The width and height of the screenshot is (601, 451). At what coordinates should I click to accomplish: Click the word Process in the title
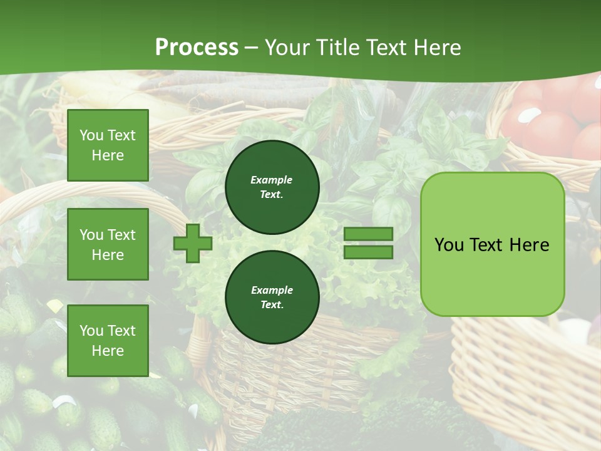pyautogui.click(x=197, y=48)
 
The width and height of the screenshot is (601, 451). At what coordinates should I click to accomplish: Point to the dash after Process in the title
pyautogui.click(x=252, y=48)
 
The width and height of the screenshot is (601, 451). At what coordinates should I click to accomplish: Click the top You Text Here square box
pyautogui.click(x=108, y=145)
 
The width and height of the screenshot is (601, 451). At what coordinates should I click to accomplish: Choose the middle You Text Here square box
pyautogui.click(x=108, y=244)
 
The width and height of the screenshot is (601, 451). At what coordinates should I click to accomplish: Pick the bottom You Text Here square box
pyautogui.click(x=108, y=340)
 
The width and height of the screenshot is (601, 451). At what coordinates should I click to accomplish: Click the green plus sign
pyautogui.click(x=193, y=244)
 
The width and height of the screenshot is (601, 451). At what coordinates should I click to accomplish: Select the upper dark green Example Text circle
pyautogui.click(x=272, y=187)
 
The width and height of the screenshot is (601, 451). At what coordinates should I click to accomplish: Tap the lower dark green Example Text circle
pyautogui.click(x=272, y=297)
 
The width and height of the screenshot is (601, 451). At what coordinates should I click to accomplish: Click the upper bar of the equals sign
pyautogui.click(x=368, y=234)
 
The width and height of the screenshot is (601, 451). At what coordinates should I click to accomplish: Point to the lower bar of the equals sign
pyautogui.click(x=368, y=252)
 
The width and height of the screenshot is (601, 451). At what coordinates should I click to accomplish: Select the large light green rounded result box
pyautogui.click(x=492, y=244)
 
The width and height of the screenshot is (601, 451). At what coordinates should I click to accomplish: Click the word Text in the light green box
pyautogui.click(x=491, y=245)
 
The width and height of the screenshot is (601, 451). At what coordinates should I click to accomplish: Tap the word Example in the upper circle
pyautogui.click(x=272, y=180)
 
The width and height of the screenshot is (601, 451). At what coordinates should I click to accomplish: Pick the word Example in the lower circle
pyautogui.click(x=272, y=290)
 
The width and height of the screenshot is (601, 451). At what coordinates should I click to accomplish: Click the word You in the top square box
pyautogui.click(x=91, y=135)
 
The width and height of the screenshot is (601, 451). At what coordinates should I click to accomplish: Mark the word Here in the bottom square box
pyautogui.click(x=108, y=351)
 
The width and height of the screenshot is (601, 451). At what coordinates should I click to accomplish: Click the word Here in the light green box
pyautogui.click(x=530, y=245)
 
